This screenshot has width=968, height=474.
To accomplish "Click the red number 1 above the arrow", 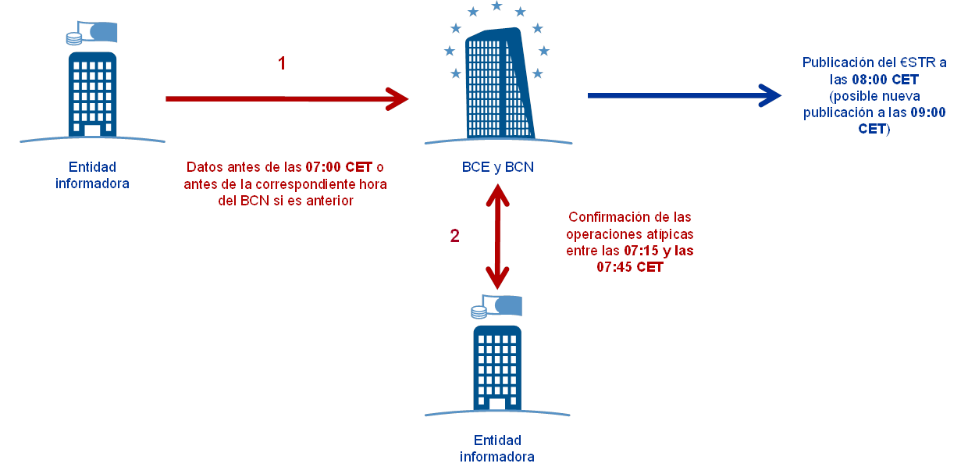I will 282,63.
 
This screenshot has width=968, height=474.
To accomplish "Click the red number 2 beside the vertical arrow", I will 454,235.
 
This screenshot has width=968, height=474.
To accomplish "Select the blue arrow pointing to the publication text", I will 684,95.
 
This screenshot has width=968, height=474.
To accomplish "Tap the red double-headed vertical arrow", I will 497,233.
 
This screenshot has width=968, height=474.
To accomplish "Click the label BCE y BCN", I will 497,167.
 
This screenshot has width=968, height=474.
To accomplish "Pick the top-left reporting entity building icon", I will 92,92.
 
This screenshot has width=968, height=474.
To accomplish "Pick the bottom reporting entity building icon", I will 497,365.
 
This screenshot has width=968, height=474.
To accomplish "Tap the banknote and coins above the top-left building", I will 92,34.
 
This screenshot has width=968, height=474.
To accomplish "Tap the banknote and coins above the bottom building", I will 496,307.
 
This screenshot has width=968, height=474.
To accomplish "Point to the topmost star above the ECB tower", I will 496,6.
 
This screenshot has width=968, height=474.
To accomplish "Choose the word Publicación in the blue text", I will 836,63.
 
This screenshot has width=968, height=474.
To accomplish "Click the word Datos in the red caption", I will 201,168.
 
